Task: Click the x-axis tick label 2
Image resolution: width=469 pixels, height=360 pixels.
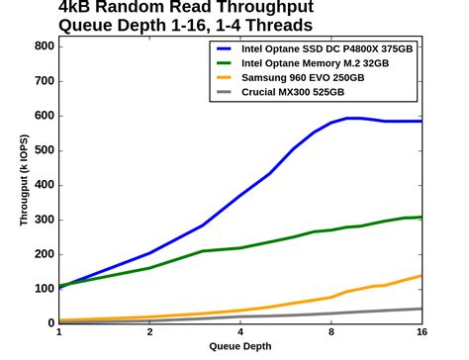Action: [x=149, y=333]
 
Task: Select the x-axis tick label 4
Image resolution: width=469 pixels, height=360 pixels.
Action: [x=240, y=333]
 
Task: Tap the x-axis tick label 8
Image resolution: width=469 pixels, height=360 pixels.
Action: [x=331, y=333]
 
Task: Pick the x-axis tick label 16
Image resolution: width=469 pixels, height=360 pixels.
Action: [x=421, y=333]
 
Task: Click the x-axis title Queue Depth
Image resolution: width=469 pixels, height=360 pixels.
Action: [x=240, y=347]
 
